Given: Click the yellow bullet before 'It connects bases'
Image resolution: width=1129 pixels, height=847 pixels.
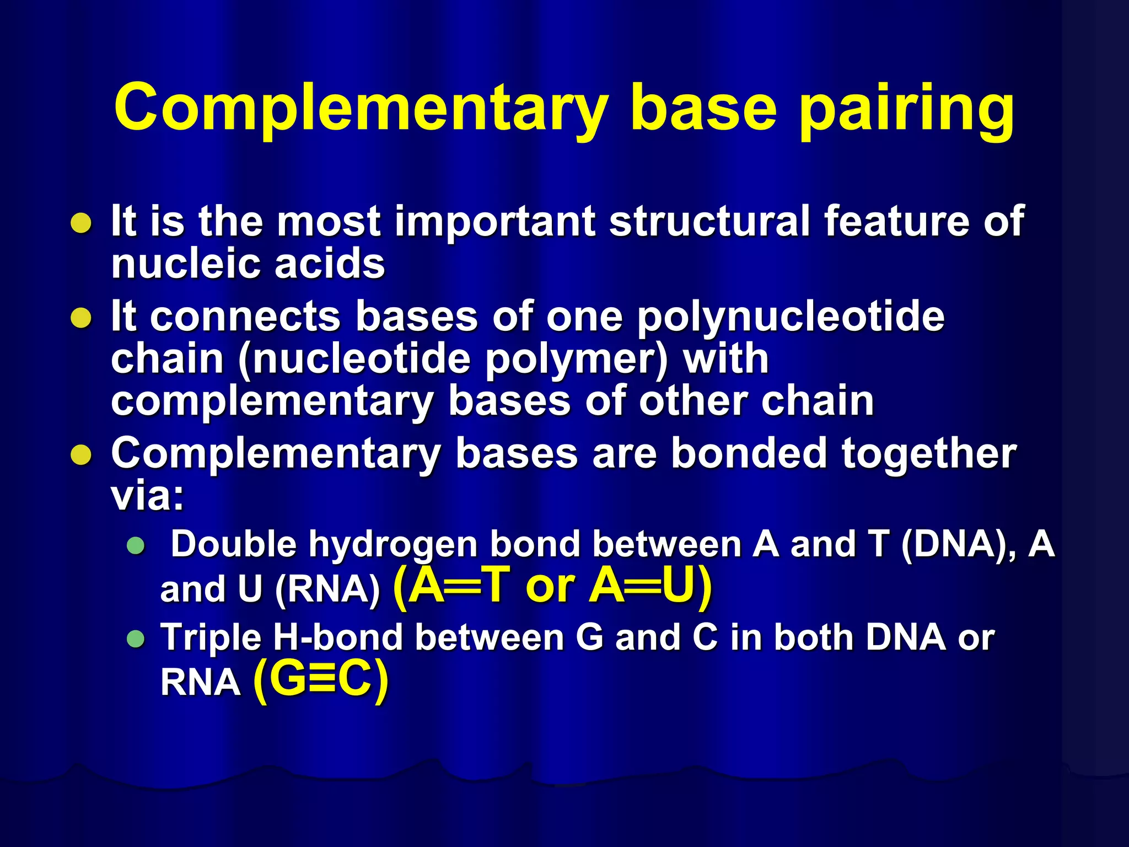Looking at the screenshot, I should (82, 318).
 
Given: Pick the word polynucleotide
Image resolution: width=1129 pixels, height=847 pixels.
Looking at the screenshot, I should (791, 318).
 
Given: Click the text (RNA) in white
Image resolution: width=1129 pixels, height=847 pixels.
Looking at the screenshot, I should (327, 589).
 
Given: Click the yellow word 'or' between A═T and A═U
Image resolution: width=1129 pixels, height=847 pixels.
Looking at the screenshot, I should (550, 586).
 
